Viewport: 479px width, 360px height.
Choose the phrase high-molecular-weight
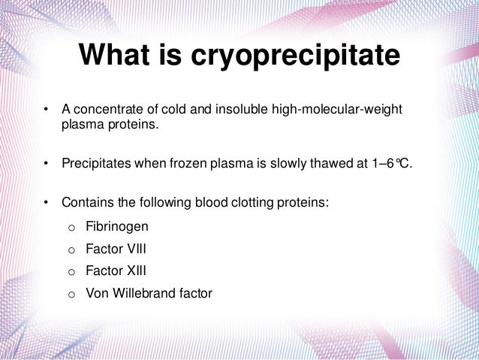339,111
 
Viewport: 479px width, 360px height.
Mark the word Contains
86,203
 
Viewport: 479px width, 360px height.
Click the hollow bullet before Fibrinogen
71,226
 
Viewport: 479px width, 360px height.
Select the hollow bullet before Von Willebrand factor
71,294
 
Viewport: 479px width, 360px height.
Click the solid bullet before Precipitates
46,164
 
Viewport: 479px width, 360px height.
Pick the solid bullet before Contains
46,203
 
